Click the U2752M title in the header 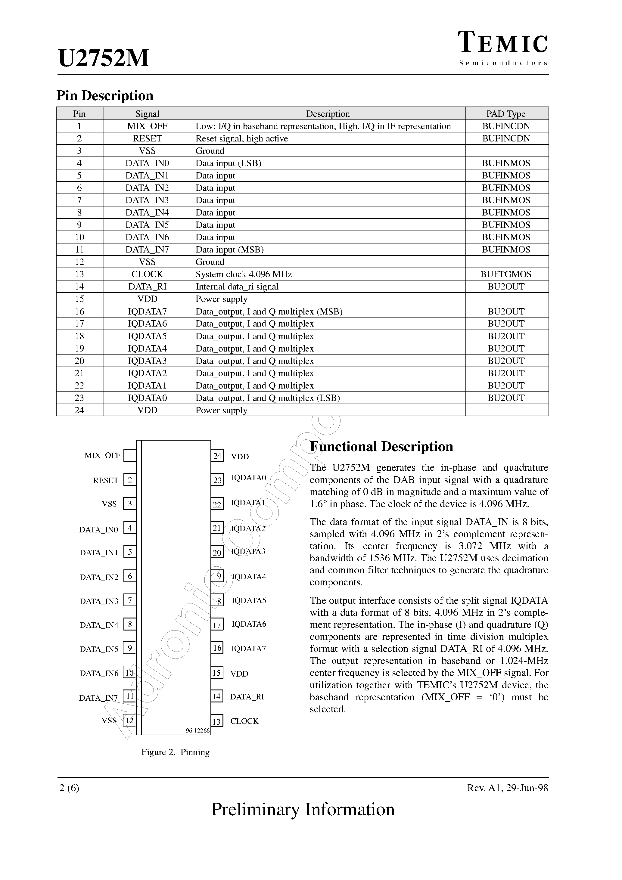click(x=104, y=59)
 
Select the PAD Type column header click(x=506, y=114)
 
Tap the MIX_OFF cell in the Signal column click(x=147, y=126)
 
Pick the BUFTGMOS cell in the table click(x=506, y=274)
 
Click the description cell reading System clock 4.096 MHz click(x=244, y=274)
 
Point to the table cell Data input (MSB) click(x=230, y=249)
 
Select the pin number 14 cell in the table click(x=79, y=287)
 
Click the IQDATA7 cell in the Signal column click(x=147, y=311)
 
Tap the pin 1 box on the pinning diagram click(x=130, y=455)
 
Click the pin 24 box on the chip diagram click(x=217, y=456)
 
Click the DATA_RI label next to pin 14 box click(x=247, y=697)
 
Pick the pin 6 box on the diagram click(x=130, y=576)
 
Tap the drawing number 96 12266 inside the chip click(x=198, y=730)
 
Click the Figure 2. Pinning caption click(x=175, y=752)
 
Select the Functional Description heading click(x=381, y=447)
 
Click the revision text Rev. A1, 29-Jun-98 click(x=507, y=788)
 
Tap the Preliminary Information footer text click(x=303, y=810)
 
